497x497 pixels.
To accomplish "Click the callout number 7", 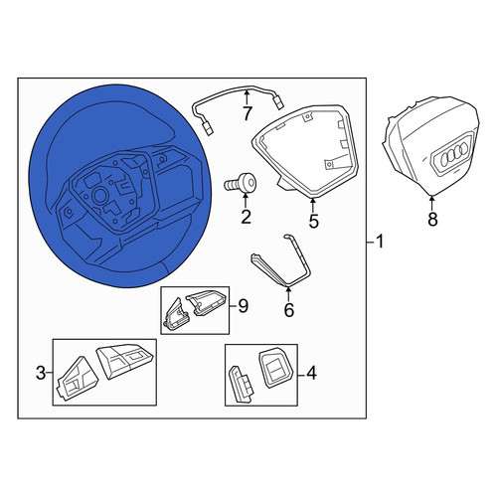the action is pyautogui.click(x=247, y=113).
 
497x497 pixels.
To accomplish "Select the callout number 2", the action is pyautogui.click(x=246, y=218).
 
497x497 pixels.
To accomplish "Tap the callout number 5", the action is pyautogui.click(x=313, y=221).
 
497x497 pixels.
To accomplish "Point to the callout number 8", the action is pyautogui.click(x=432, y=219).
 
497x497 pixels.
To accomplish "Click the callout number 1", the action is pyautogui.click(x=380, y=242).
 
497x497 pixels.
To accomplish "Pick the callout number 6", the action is pyautogui.click(x=289, y=310).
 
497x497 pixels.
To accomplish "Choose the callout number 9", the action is pyautogui.click(x=244, y=306).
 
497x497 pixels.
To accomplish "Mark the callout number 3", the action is pyautogui.click(x=41, y=374).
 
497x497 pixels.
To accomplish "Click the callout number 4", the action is pyautogui.click(x=311, y=374).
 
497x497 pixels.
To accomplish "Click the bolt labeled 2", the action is pyautogui.click(x=241, y=183).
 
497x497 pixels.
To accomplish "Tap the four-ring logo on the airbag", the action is pyautogui.click(x=454, y=153).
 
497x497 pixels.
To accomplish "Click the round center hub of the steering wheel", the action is pyautogui.click(x=99, y=195).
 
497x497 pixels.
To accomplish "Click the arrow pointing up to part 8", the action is pyautogui.click(x=432, y=203).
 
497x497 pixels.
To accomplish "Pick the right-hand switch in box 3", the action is pyautogui.click(x=124, y=362).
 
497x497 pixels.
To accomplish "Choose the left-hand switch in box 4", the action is pyautogui.click(x=241, y=384).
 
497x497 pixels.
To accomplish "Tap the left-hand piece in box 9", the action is pyautogui.click(x=177, y=314).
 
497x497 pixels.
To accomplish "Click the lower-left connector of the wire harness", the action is pyautogui.click(x=209, y=129).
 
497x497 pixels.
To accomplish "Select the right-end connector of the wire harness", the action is pyautogui.click(x=279, y=102).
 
